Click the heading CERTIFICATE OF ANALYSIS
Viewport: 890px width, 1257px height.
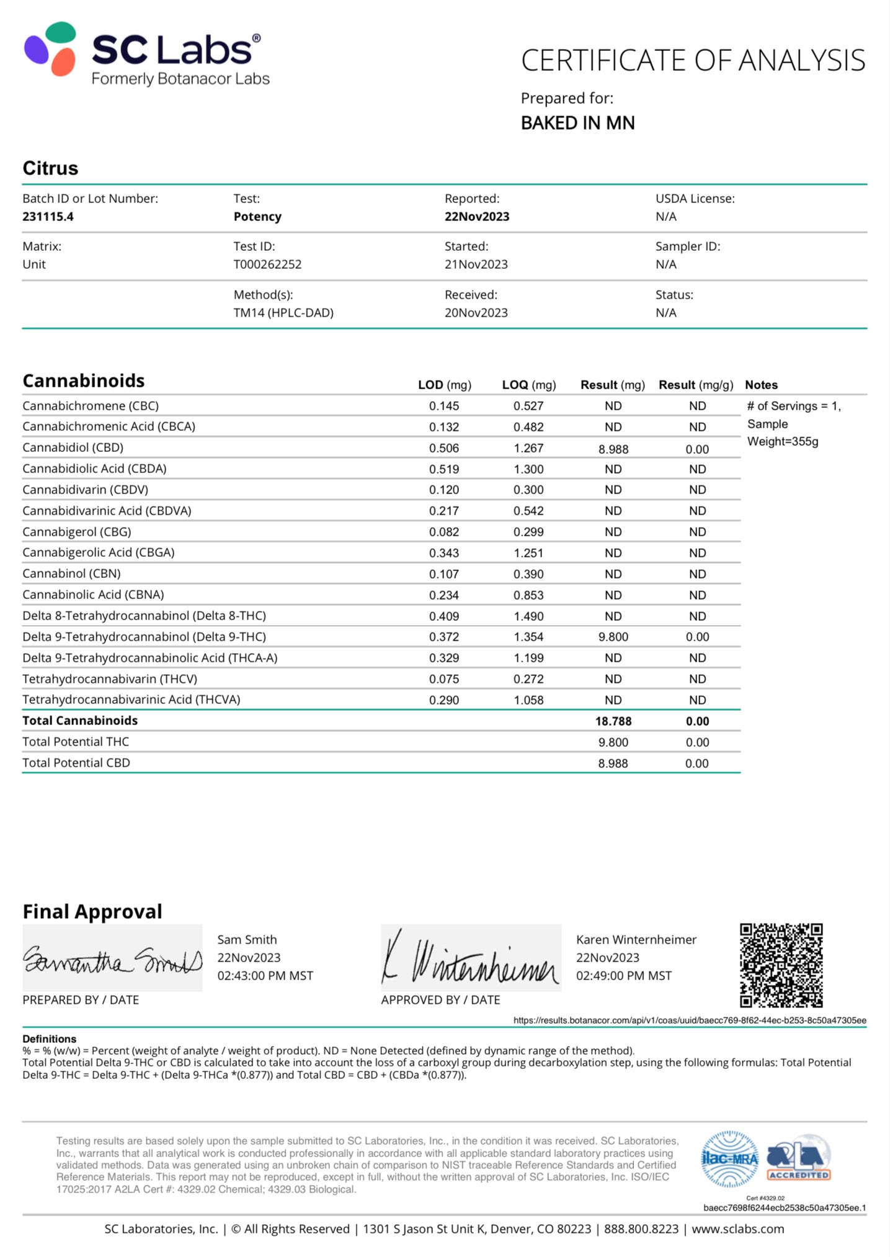tap(693, 61)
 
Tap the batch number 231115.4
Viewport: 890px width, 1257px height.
tap(48, 217)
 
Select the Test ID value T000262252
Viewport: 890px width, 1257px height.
tap(267, 264)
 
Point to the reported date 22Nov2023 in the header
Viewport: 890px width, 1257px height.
tap(476, 217)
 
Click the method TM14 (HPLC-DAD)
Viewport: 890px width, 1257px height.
tap(283, 313)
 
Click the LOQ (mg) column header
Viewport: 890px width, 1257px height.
tap(528, 385)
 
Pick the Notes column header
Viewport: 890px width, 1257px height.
tap(761, 385)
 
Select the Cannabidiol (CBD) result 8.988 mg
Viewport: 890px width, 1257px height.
tap(613, 449)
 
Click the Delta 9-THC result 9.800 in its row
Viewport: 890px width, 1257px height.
tap(613, 637)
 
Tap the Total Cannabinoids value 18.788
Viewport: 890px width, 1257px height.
tap(613, 721)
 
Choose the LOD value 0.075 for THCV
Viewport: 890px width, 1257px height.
tap(444, 679)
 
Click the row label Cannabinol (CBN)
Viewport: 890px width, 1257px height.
tap(71, 574)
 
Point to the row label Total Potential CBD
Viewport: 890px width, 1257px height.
tap(76, 763)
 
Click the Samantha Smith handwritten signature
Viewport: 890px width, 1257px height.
tap(112, 959)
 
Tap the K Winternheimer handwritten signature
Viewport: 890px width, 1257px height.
tap(470, 959)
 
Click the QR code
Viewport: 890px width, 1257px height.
tap(781, 965)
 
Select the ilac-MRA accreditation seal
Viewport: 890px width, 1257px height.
tap(730, 1158)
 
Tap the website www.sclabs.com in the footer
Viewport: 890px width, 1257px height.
tap(737, 1229)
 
